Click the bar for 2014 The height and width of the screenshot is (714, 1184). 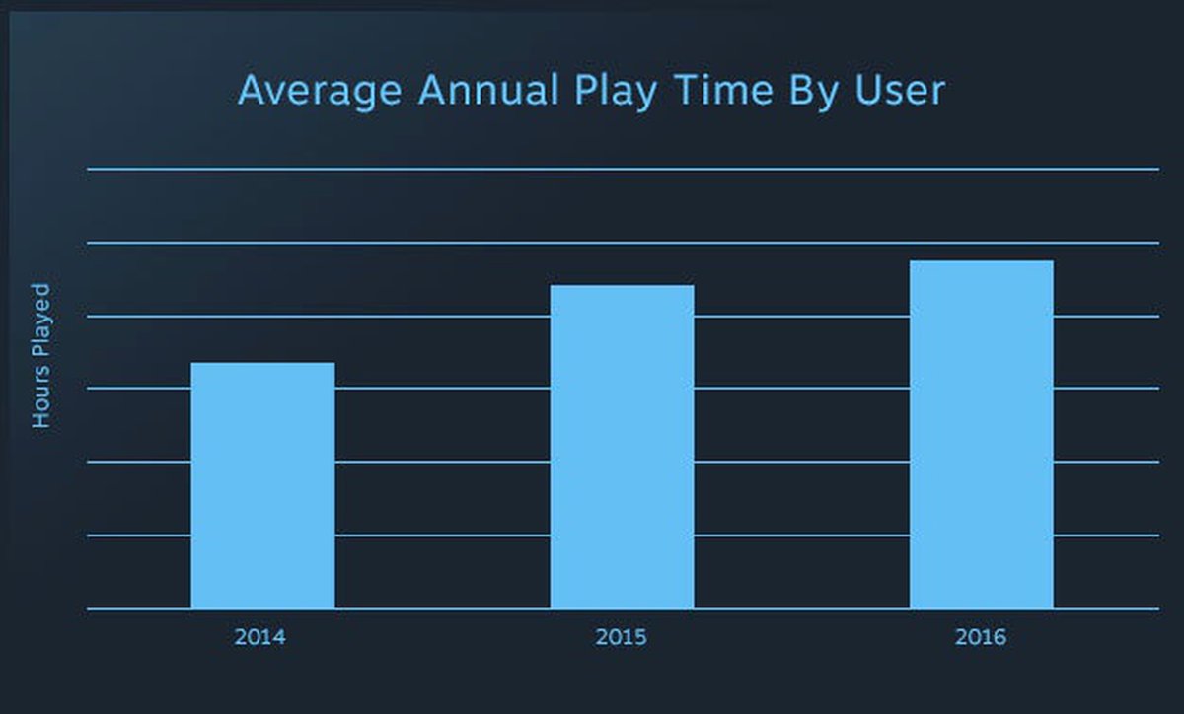[262, 485]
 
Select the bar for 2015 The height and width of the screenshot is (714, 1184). [622, 446]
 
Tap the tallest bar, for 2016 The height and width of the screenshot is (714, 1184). [981, 434]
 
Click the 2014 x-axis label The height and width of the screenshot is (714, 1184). [259, 637]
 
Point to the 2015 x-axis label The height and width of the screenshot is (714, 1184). [621, 637]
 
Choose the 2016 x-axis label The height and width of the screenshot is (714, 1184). [980, 637]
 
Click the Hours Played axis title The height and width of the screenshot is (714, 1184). [40, 355]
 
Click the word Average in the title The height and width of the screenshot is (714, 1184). [320, 91]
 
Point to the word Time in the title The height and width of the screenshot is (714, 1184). [724, 91]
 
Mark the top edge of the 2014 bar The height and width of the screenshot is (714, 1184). [262, 363]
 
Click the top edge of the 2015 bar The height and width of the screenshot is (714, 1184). [622, 285]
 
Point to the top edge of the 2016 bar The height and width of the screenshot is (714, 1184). [981, 261]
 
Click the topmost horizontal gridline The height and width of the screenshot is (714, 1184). [622, 170]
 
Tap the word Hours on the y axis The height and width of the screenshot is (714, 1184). [40, 397]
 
